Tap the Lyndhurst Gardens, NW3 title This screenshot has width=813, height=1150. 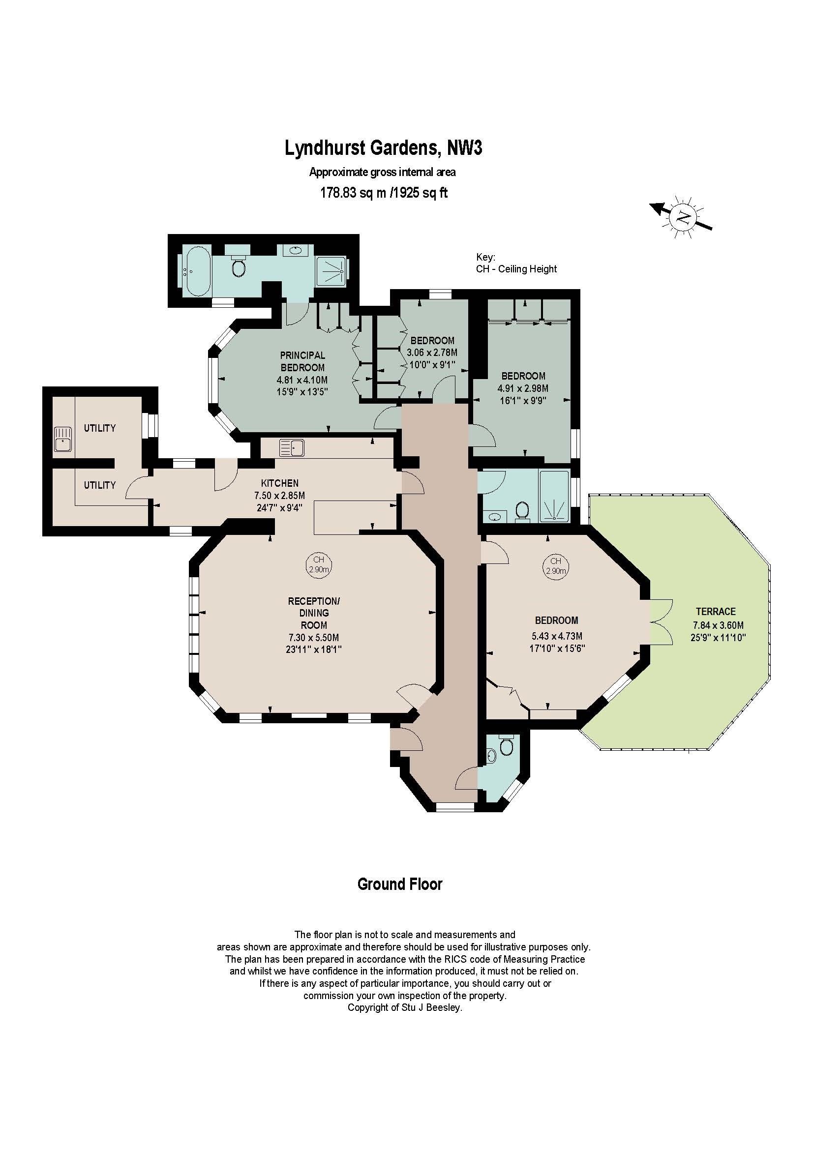(x=384, y=148)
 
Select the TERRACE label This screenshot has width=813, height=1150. (x=715, y=611)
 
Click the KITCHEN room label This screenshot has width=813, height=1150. (x=279, y=483)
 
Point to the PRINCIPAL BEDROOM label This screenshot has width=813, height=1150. (x=302, y=361)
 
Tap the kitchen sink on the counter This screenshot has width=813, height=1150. (x=292, y=448)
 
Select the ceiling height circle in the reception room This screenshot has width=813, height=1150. (x=319, y=564)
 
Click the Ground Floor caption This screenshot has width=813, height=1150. (x=400, y=884)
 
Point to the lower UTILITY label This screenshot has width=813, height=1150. (x=100, y=485)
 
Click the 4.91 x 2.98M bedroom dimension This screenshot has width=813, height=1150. (x=523, y=388)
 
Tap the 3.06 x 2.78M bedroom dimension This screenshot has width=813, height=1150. (x=432, y=353)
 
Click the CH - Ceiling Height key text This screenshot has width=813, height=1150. (x=516, y=269)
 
